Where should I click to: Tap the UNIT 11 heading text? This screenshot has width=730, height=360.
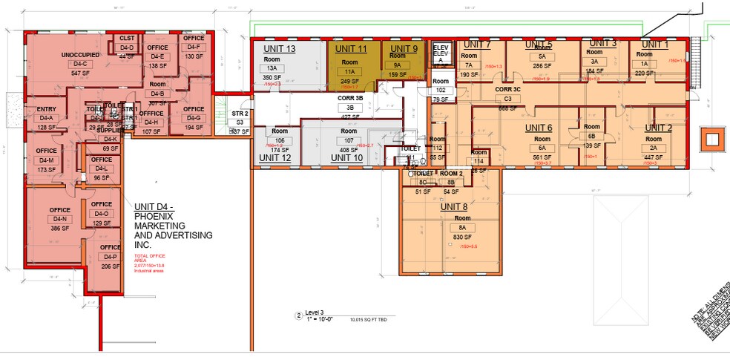click(x=352, y=49)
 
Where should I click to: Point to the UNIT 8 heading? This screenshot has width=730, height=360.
click(x=455, y=206)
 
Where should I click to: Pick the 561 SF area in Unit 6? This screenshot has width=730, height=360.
click(x=539, y=157)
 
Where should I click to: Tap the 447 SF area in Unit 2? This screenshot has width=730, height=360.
click(x=654, y=157)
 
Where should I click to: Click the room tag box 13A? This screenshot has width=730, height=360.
click(x=272, y=68)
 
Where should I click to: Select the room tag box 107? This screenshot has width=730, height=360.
click(x=347, y=140)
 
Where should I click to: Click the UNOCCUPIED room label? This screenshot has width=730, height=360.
click(x=80, y=55)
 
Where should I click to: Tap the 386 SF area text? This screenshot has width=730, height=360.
click(x=60, y=229)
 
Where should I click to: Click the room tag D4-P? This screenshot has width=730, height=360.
click(x=111, y=256)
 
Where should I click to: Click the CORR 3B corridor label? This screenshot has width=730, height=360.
click(x=350, y=97)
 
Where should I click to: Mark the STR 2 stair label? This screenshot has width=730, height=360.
click(x=239, y=114)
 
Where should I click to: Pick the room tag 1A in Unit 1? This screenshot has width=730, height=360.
click(x=642, y=64)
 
